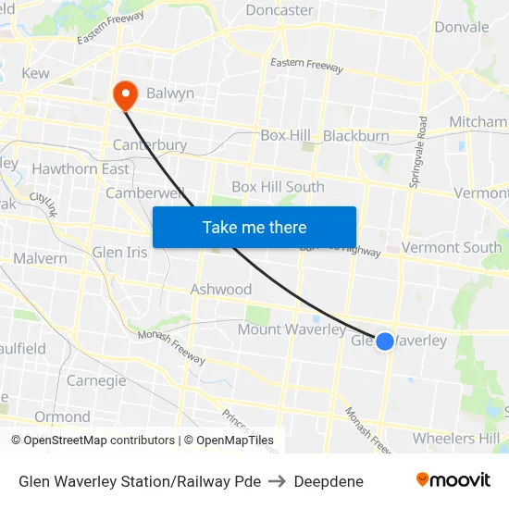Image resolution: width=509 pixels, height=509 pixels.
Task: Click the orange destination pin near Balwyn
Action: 123,93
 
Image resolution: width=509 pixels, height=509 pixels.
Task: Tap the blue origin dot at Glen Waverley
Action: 385,341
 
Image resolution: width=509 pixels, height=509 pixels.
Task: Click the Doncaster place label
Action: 279,10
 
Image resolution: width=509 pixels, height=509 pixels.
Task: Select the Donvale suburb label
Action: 462,27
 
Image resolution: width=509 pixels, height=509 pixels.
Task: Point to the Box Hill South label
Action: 278,187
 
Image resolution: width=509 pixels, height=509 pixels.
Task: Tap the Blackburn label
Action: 356,136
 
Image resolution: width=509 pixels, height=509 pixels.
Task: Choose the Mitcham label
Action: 478,122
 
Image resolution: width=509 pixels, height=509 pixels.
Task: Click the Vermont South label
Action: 451,248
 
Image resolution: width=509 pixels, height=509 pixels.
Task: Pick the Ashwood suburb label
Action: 221,290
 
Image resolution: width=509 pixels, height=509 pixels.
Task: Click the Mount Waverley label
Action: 292,330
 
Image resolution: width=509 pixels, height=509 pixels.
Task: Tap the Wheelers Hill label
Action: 456,439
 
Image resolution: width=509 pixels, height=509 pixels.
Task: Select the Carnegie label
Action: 96,381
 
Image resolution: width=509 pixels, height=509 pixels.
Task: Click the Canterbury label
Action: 150,145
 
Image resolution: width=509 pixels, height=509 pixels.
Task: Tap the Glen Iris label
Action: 119,253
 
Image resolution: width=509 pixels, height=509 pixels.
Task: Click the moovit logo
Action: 453,480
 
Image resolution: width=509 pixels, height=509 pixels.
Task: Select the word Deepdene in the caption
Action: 329,481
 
